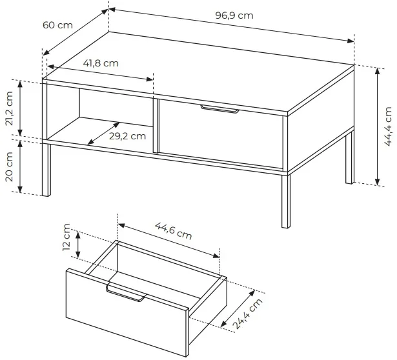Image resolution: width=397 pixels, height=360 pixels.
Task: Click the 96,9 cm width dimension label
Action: pos(234,15)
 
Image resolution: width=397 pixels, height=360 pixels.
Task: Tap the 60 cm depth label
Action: pos(57,25)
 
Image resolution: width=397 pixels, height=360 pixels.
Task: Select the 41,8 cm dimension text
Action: pos(101,63)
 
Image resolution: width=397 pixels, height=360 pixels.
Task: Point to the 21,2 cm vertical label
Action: pos(9,108)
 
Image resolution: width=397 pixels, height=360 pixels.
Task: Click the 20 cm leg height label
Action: pos(9,166)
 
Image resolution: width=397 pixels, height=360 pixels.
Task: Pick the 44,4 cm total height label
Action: pos(387,126)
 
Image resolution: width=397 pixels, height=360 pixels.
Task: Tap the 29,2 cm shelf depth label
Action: pos(128,136)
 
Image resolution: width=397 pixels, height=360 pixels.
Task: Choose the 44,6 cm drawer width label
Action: pos(174,231)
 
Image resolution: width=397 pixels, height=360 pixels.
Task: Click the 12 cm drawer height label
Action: pos(66,237)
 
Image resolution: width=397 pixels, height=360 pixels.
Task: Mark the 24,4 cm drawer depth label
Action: pos(247,314)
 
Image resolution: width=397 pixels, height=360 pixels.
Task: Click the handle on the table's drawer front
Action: pos(219,109)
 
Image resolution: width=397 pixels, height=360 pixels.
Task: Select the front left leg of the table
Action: pos(46,170)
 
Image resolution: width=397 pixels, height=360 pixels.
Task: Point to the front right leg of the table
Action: pos(285,201)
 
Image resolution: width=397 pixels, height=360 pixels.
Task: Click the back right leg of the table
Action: pos(350,157)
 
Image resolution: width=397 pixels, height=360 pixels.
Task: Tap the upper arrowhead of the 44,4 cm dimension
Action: pos(377,72)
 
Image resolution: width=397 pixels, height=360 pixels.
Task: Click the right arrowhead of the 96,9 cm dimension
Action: pos(350,41)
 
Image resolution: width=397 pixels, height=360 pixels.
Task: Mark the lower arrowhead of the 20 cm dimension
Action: pos(20,189)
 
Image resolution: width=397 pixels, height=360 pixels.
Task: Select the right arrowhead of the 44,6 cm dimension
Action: pos(216,255)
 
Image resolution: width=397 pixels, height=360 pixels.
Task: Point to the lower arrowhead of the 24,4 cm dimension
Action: pos(224,323)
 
